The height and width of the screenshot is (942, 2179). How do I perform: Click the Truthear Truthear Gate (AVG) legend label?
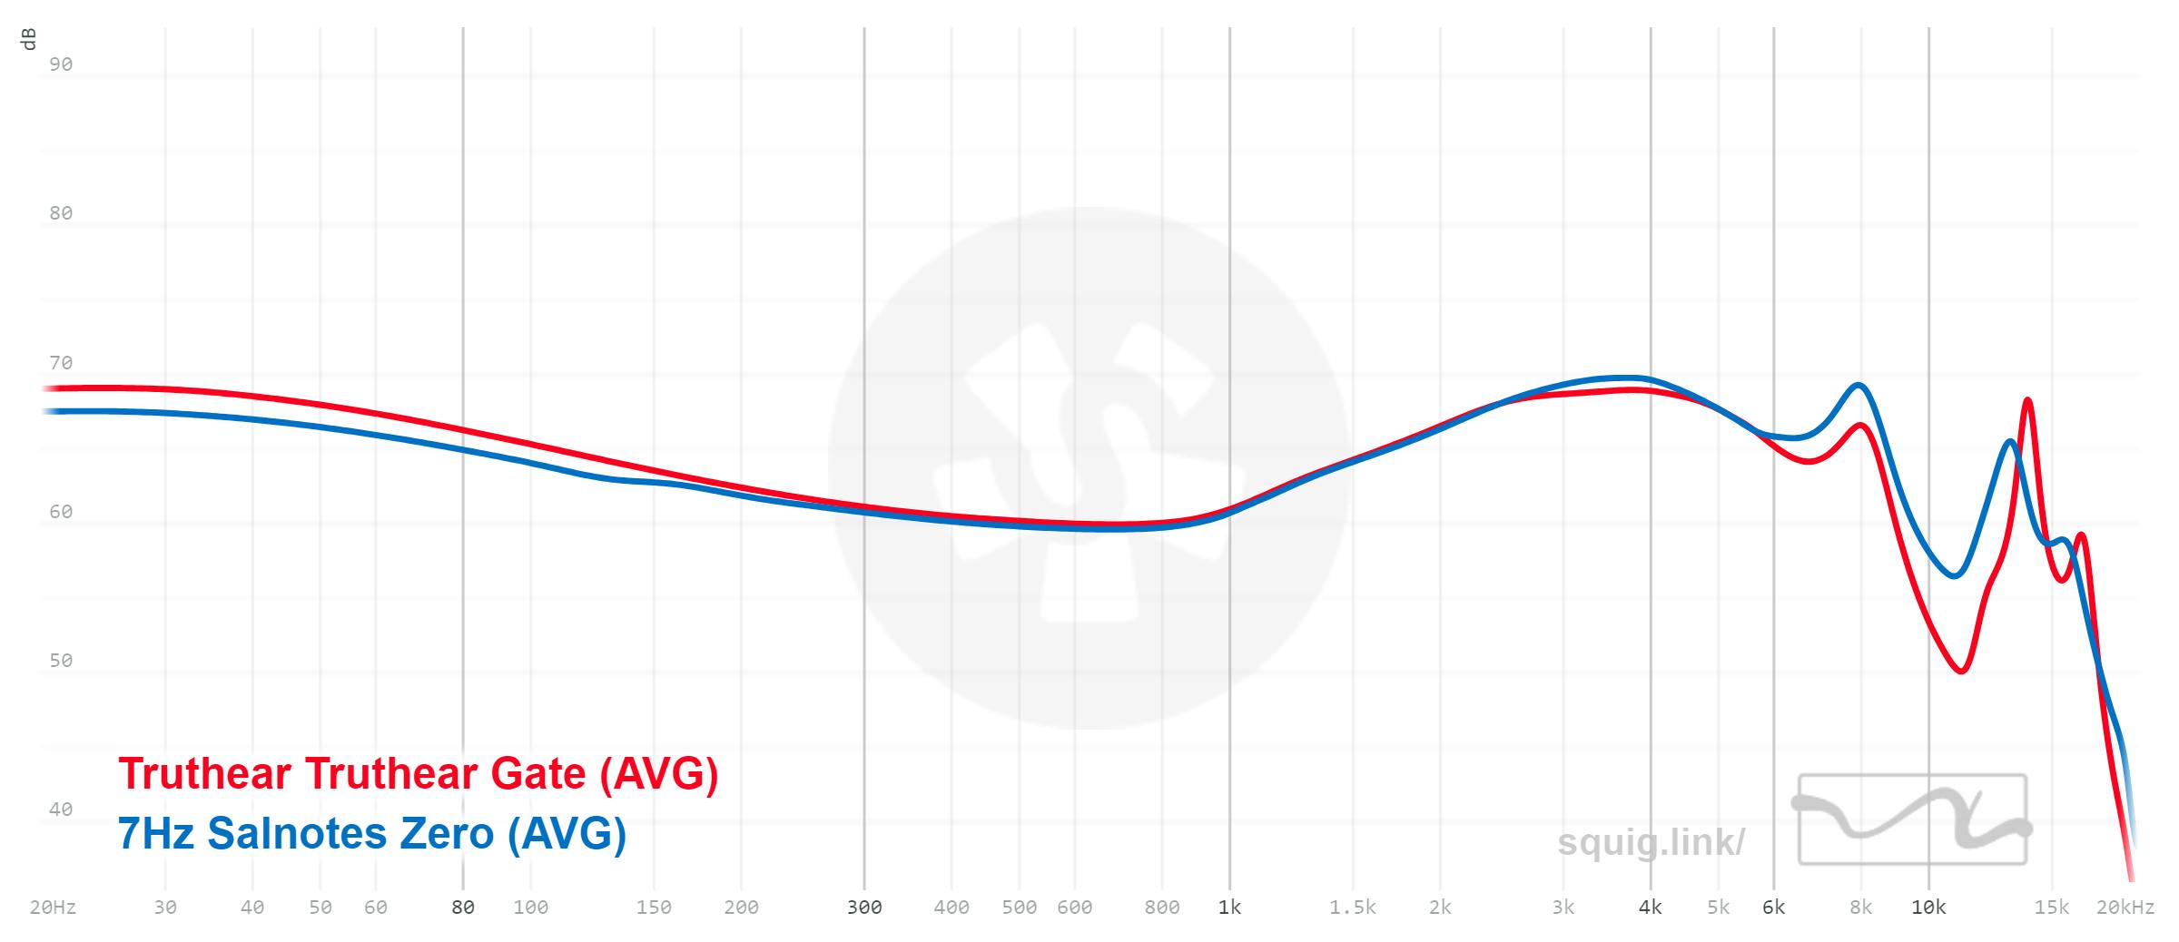point(418,774)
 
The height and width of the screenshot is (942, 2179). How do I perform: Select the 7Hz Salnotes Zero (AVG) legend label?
point(371,833)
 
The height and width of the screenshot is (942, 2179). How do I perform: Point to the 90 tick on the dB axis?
point(61,64)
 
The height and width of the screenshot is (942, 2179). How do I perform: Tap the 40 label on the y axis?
point(61,810)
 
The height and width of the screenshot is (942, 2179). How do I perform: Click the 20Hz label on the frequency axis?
point(53,907)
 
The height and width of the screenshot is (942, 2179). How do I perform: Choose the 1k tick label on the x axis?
point(1229,907)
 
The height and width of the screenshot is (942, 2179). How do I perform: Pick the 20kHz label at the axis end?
point(2125,907)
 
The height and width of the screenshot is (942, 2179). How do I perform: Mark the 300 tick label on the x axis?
point(863,907)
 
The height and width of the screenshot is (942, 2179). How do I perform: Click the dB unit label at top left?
point(29,39)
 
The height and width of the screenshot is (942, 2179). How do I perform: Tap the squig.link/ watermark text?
point(1651,842)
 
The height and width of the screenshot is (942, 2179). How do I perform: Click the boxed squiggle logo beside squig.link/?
point(1912,819)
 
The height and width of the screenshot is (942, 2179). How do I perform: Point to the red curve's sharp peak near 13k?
point(2027,400)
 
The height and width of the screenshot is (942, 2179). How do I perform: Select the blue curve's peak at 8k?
point(1859,386)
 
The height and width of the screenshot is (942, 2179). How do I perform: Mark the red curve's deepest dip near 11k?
point(1962,671)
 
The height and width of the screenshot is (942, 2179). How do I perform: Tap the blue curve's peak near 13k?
point(2010,442)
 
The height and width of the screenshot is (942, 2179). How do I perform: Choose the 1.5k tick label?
point(1352,907)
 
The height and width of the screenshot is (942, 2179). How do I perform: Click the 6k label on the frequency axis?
point(1773,907)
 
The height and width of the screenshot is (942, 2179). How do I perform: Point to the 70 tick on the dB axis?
point(61,363)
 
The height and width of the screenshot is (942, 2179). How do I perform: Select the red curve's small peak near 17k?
point(2080,535)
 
